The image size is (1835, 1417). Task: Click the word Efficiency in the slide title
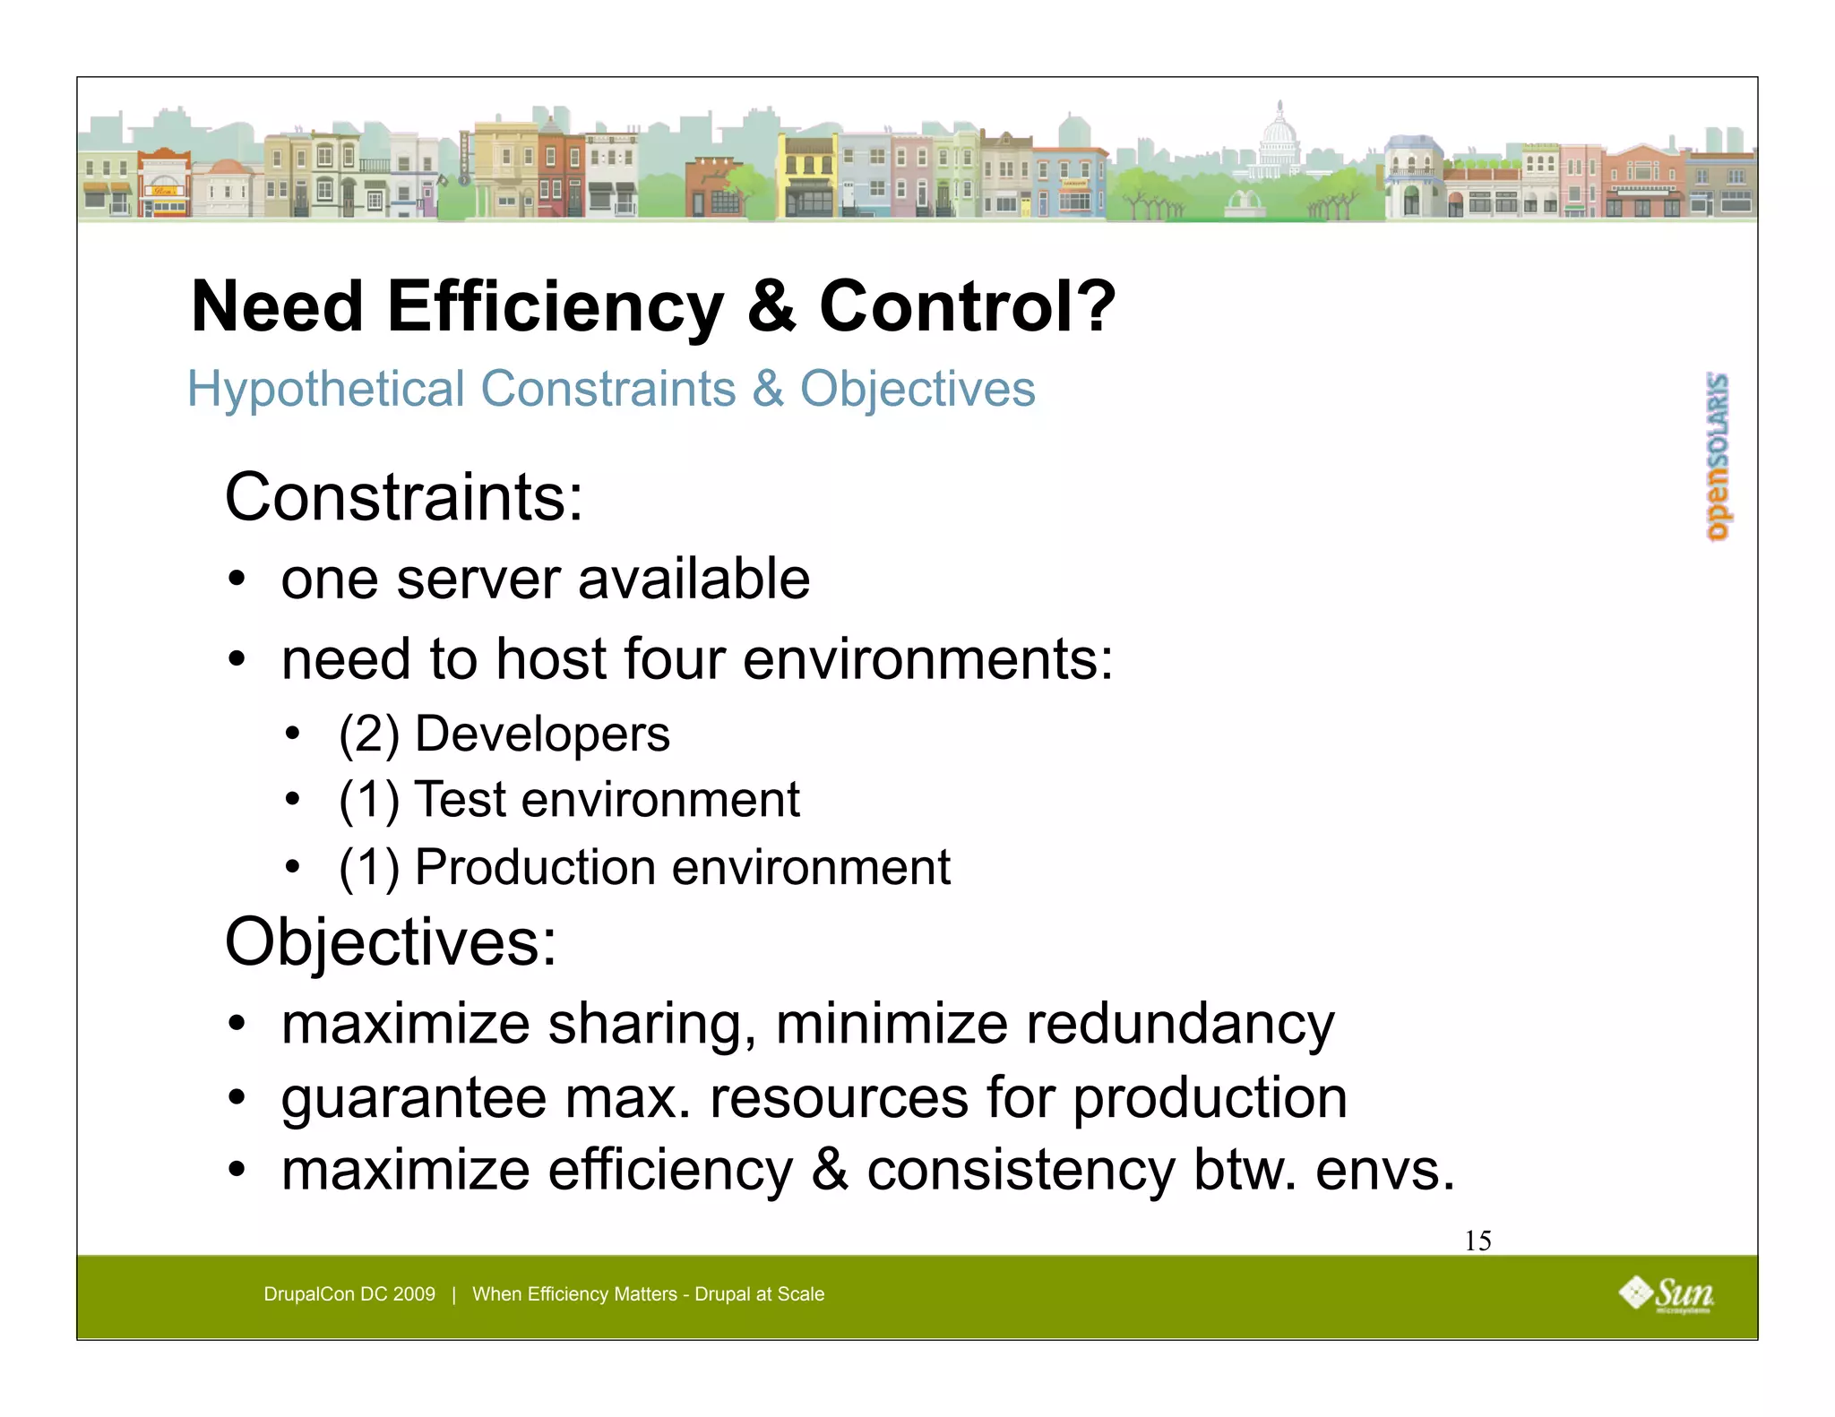[555, 307]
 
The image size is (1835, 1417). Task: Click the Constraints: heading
[404, 497]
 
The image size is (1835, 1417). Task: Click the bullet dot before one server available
[236, 580]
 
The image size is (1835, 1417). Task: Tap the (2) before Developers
[368, 734]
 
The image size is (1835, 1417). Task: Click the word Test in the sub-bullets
[459, 799]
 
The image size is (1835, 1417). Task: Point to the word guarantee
[413, 1098]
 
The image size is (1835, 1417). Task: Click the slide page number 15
[1477, 1241]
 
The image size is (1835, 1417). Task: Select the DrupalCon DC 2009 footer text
[349, 1294]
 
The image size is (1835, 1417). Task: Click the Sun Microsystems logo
[1666, 1295]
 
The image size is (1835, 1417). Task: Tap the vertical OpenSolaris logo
[1718, 457]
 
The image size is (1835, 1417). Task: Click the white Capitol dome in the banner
[1279, 139]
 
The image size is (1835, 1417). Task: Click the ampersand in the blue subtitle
[768, 390]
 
